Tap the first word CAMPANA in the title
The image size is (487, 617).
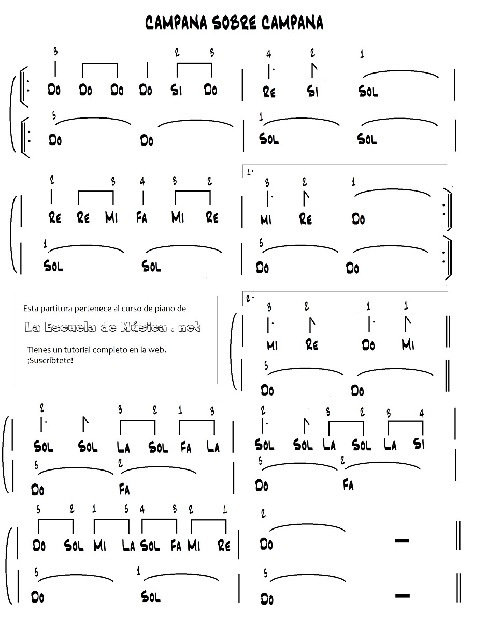click(175, 23)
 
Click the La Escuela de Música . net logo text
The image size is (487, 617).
click(112, 328)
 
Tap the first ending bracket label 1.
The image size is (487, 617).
click(250, 171)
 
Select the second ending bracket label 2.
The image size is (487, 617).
click(250, 298)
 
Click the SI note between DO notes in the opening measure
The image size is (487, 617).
click(176, 90)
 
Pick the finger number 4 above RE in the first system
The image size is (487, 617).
click(268, 54)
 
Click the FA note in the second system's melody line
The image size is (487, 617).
click(141, 218)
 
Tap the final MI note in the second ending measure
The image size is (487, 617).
click(408, 344)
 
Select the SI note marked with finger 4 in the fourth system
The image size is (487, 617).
click(419, 444)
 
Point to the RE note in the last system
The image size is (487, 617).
click(224, 545)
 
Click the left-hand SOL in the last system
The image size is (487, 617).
click(151, 597)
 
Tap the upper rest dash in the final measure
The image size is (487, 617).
click(402, 541)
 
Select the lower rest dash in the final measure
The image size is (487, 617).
click(402, 596)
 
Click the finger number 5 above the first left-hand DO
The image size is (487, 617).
click(54, 115)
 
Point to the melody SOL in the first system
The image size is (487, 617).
click(368, 92)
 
